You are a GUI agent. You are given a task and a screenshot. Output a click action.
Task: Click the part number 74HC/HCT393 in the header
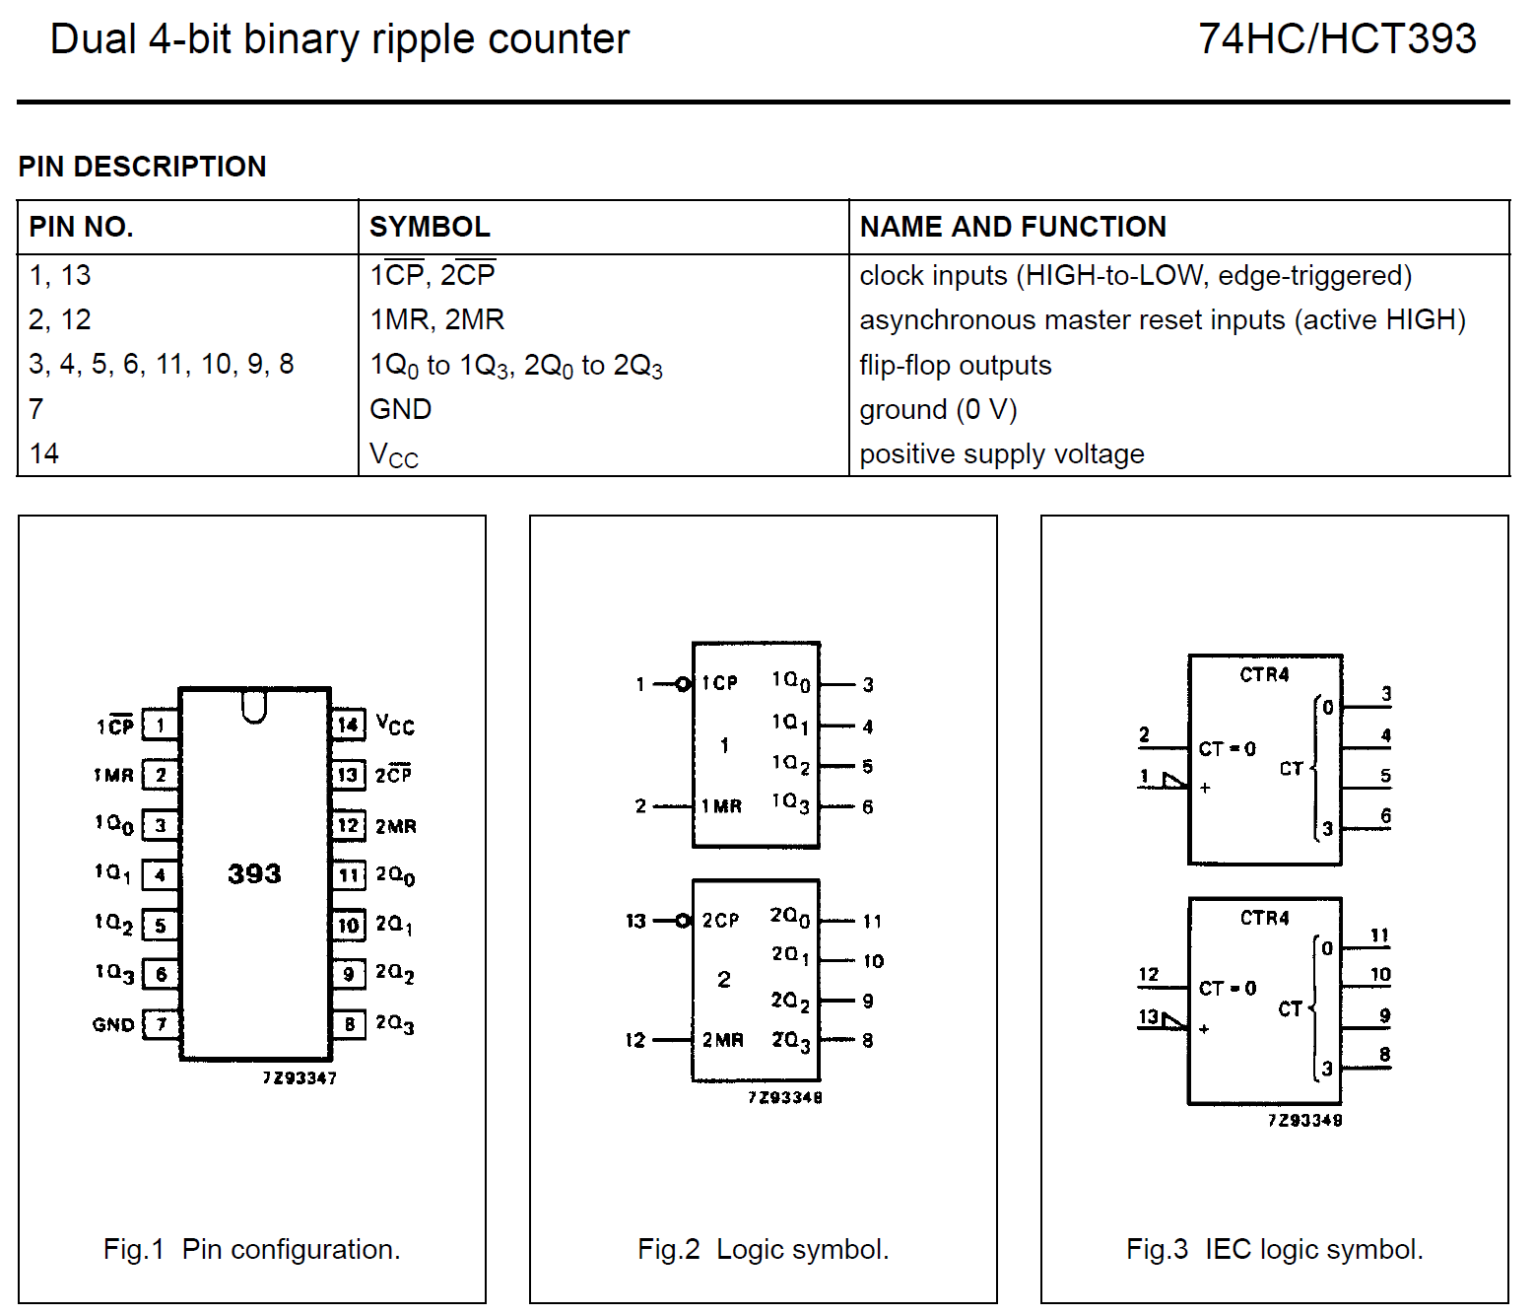coord(1337,39)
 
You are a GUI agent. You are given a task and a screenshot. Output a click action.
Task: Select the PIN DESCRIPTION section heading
coord(142,167)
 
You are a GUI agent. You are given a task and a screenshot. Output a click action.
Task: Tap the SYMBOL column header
coord(430,227)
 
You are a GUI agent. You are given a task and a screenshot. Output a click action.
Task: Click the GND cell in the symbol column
coord(400,409)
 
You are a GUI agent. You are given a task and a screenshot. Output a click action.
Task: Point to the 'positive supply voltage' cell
coord(1001,454)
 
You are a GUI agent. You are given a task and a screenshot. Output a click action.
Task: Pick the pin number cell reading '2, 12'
coord(59,319)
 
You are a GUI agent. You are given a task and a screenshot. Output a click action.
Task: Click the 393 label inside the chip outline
coord(254,873)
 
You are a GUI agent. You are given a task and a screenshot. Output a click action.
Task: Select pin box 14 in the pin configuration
coord(348,726)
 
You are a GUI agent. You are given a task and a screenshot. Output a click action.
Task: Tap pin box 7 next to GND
coord(161,1024)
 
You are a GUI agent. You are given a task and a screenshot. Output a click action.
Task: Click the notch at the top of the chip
coord(254,706)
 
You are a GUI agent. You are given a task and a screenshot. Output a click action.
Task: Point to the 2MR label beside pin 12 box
coord(396,826)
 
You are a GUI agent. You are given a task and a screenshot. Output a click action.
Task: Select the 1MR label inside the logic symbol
coord(721,806)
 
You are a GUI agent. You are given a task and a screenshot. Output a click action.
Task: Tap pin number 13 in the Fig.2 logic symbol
coord(635,921)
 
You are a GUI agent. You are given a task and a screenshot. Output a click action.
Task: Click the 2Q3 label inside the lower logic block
coord(790,1041)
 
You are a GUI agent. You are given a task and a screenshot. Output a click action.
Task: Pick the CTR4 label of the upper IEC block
coord(1264,675)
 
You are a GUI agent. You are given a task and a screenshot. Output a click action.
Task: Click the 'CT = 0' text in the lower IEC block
coord(1227,989)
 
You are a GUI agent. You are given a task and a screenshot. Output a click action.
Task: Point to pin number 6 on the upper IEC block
coord(1385,816)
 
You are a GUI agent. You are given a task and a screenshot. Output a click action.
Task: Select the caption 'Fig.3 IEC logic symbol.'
coord(1274,1249)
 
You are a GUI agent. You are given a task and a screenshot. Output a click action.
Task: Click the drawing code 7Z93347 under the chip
coord(300,1078)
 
